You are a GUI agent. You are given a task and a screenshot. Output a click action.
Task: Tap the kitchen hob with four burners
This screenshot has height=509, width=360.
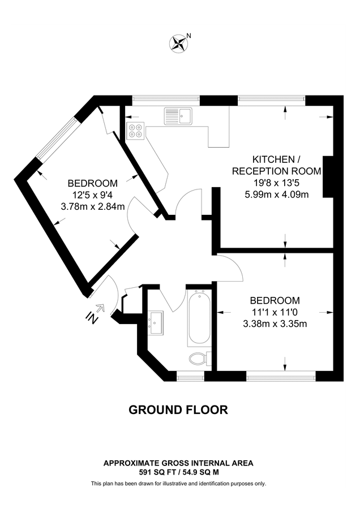click(x=135, y=131)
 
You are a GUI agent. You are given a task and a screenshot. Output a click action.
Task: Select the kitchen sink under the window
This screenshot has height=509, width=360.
click(x=178, y=116)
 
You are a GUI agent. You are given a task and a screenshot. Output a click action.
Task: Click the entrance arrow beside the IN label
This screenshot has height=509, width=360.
click(x=101, y=308)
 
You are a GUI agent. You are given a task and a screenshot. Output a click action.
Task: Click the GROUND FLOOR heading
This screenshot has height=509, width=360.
click(x=178, y=409)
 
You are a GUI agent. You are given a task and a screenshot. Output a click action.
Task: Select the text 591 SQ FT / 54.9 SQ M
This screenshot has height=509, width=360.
click(x=178, y=471)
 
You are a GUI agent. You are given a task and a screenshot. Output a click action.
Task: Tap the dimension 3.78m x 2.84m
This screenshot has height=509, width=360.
click(x=92, y=206)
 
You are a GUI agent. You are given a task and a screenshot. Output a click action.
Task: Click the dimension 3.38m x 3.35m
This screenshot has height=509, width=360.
click(x=275, y=324)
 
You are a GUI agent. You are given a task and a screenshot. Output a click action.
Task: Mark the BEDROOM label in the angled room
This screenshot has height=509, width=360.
click(x=92, y=183)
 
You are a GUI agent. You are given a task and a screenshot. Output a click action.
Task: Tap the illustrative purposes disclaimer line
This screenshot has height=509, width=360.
click(x=178, y=484)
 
